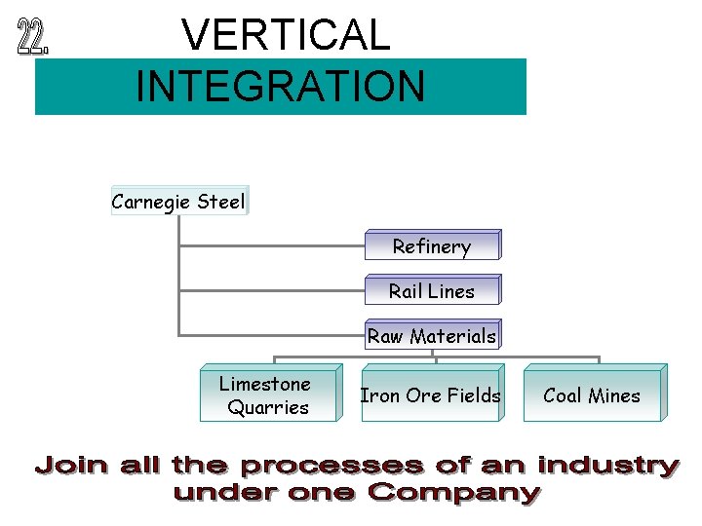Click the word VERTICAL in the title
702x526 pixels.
(286, 36)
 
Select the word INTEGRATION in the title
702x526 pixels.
(281, 85)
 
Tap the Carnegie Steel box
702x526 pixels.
(179, 202)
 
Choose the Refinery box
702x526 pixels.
(431, 246)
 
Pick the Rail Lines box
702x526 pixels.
(431, 290)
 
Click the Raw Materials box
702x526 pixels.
(431, 336)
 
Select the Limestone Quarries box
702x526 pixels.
(268, 395)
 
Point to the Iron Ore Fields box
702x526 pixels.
(430, 395)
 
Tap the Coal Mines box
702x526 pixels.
(592, 395)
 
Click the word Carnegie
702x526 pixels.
(152, 202)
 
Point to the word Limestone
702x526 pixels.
(265, 384)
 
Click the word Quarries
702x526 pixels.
(268, 407)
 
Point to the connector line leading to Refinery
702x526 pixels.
(273, 246)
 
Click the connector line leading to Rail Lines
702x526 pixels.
(273, 290)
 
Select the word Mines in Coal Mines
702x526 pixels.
(615, 395)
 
